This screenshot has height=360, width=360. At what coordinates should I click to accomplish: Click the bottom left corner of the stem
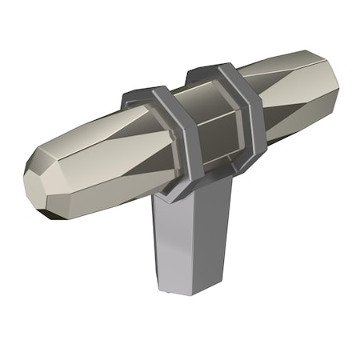[165, 287]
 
